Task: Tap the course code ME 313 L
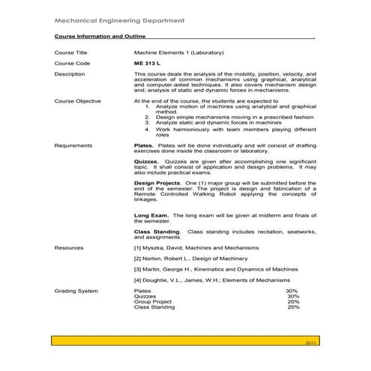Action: [148, 64]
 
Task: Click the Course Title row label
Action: [71, 53]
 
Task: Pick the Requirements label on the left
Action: [73, 145]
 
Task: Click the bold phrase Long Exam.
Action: [151, 216]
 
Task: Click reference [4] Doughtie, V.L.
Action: [210, 279]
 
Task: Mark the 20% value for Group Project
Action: [294, 301]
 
